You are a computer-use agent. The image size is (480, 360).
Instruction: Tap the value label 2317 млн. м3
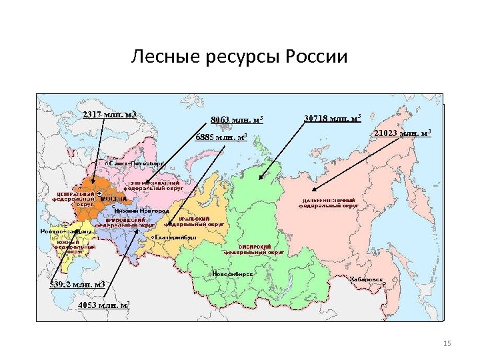click(x=109, y=115)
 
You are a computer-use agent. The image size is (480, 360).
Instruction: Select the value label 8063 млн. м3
click(x=237, y=120)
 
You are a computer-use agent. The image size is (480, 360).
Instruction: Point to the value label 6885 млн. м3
click(x=221, y=137)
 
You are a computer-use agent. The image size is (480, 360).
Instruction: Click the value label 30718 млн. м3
click(x=332, y=119)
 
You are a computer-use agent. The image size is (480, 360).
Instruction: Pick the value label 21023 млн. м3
click(x=403, y=133)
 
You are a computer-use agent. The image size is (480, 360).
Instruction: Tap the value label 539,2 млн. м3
click(x=78, y=285)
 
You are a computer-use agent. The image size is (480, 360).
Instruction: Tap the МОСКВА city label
click(x=113, y=199)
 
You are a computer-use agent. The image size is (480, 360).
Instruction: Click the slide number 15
click(x=447, y=343)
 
